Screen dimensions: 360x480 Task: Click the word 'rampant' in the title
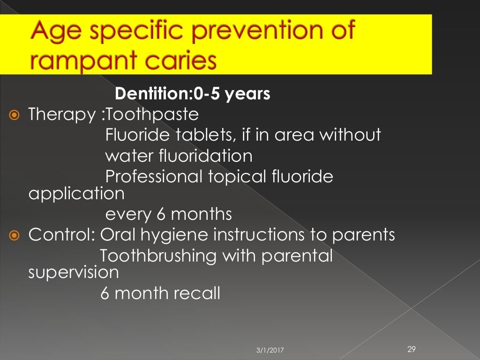(78, 60)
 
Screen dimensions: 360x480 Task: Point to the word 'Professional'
(154, 176)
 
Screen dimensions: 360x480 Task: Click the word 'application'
(76, 193)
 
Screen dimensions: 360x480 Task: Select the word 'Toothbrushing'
(158, 256)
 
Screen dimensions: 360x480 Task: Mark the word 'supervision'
(74, 272)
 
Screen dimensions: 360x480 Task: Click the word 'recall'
(196, 293)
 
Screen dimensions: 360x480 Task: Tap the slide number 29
(412, 348)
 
